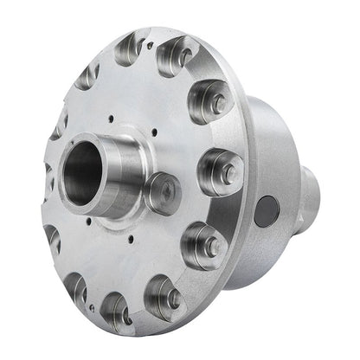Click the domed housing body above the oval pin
[277, 138]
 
